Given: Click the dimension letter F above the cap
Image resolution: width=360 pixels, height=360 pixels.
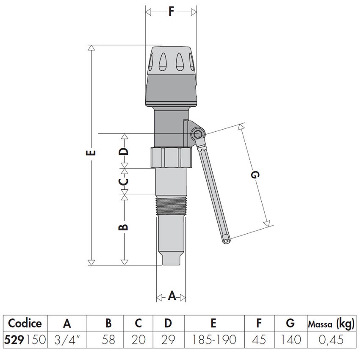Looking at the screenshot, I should [171, 11].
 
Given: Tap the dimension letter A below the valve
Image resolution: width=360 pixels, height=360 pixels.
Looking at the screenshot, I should [172, 296].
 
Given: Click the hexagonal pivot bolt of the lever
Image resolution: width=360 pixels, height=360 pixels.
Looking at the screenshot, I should [197, 135].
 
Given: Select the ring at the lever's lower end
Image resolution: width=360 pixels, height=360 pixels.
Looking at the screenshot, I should [227, 241].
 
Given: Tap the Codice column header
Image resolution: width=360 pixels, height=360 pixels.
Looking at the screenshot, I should [25, 324].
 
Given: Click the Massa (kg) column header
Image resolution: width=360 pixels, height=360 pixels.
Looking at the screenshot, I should [330, 324].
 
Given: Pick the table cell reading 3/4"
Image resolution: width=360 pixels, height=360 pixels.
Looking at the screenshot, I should [66, 340].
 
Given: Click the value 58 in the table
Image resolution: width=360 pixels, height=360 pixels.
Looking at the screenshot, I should [108, 340].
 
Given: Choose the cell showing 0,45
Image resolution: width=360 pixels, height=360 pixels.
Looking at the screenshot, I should [330, 340].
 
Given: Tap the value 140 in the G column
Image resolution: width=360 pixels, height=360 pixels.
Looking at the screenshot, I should [290, 340].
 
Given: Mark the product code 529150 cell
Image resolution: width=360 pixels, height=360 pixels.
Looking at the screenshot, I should [25, 340].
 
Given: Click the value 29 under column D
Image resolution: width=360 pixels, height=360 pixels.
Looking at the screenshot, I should [168, 340].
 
